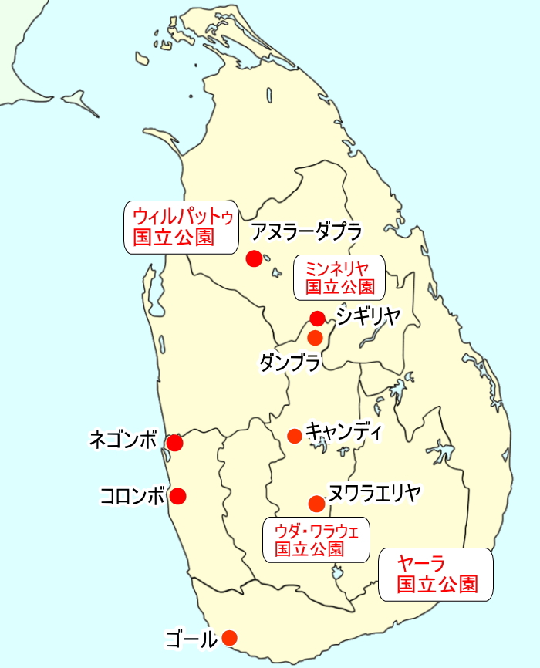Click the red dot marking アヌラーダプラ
point(254,258)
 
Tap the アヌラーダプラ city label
point(307,231)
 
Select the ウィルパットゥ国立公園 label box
point(181,227)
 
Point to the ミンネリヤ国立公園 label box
point(339,278)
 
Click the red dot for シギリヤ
point(317,318)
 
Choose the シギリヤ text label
point(368,315)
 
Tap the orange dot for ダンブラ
point(315,337)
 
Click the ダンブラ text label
point(289,362)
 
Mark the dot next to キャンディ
point(294,436)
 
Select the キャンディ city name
point(343,431)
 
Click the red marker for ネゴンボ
point(175,443)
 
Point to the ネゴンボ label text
point(124,441)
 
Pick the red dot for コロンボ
point(178,496)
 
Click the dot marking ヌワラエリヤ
point(316,504)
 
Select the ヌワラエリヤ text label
point(374,492)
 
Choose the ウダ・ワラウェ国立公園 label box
point(316,539)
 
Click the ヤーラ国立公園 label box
point(435,574)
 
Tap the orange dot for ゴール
point(229,638)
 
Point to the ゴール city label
point(191,639)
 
